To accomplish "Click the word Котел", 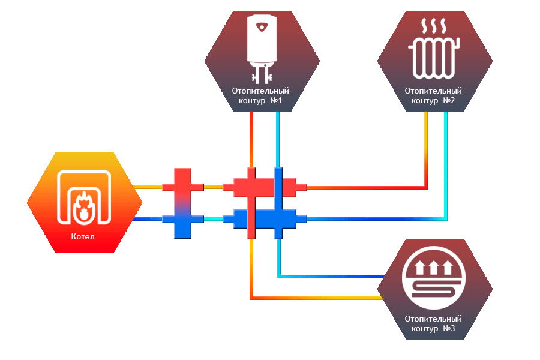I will click(83, 236).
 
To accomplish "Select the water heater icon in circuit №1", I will click(261, 48).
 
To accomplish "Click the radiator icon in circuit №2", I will click(434, 58).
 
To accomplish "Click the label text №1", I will click(276, 101).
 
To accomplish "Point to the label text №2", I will click(449, 101).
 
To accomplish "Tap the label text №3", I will click(449, 329).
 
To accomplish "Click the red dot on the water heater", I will click(261, 28).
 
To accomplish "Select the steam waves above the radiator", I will click(434, 26).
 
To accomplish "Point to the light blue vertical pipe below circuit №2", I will click(446, 162).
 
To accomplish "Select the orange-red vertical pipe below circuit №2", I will click(426, 150).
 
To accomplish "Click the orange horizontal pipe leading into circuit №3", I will click(318, 298).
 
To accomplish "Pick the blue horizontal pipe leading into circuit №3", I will click(330, 277).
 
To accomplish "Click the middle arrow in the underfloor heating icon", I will click(434, 265).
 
